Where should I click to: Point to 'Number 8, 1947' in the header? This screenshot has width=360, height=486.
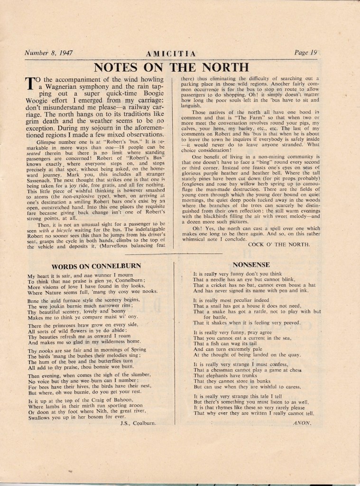[49, 53]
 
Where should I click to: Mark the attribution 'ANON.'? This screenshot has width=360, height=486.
[302, 421]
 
